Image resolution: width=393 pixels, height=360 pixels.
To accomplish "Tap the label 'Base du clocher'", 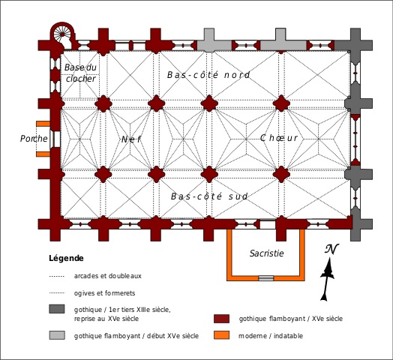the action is coord(80,73).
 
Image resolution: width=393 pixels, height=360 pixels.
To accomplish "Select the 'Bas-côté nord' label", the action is coord(208,75).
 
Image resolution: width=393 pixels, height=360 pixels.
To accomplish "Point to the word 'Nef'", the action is coord(131,139).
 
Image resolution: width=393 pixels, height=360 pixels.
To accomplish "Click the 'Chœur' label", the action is coord(279,138).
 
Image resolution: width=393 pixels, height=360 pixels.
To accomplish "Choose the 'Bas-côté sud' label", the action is coord(209,196).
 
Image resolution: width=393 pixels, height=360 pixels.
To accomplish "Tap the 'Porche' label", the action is coord(34,139).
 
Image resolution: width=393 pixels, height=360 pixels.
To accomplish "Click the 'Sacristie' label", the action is coord(267,253).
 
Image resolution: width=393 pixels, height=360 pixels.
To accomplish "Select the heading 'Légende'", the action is coord(66,258).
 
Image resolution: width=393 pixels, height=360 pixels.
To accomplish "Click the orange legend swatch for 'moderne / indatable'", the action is coord(221,335).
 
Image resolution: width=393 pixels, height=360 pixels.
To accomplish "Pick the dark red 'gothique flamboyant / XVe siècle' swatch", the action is coord(221,319).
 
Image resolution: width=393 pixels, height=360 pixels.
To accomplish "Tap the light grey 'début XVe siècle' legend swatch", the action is coord(57,335).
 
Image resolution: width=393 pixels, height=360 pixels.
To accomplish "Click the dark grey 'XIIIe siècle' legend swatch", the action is coord(57,309).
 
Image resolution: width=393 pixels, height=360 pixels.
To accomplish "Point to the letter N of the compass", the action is coord(331,249).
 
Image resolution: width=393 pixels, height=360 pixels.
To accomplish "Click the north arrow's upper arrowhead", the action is coord(328,269).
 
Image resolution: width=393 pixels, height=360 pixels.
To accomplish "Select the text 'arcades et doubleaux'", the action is coord(108,276).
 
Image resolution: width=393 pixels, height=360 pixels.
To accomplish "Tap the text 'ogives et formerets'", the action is coord(104,293).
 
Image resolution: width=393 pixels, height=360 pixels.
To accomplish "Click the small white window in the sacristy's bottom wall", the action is coord(266,278).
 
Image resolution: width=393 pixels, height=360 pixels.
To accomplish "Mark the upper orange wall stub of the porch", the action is coord(43,124).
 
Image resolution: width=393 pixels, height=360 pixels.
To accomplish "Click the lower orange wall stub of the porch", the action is coord(43,154).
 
